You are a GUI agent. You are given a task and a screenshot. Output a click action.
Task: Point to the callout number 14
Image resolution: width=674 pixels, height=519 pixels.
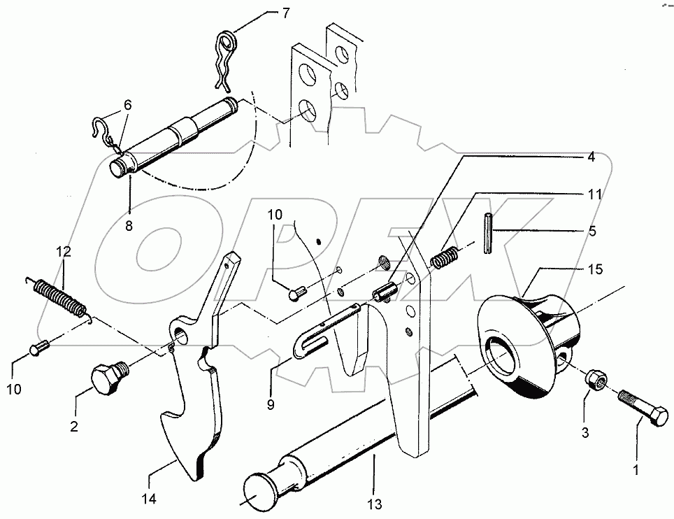coord(149,499)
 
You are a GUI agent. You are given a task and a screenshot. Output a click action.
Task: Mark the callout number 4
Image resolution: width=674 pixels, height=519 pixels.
coord(591,157)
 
